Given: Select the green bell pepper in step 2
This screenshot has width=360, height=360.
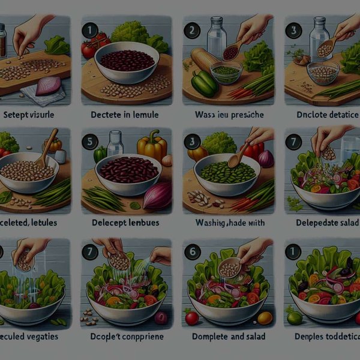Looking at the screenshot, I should (x=205, y=83).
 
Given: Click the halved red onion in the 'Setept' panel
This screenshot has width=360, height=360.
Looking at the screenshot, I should (x=49, y=86).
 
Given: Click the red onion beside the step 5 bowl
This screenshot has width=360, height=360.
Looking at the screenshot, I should (x=158, y=196).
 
